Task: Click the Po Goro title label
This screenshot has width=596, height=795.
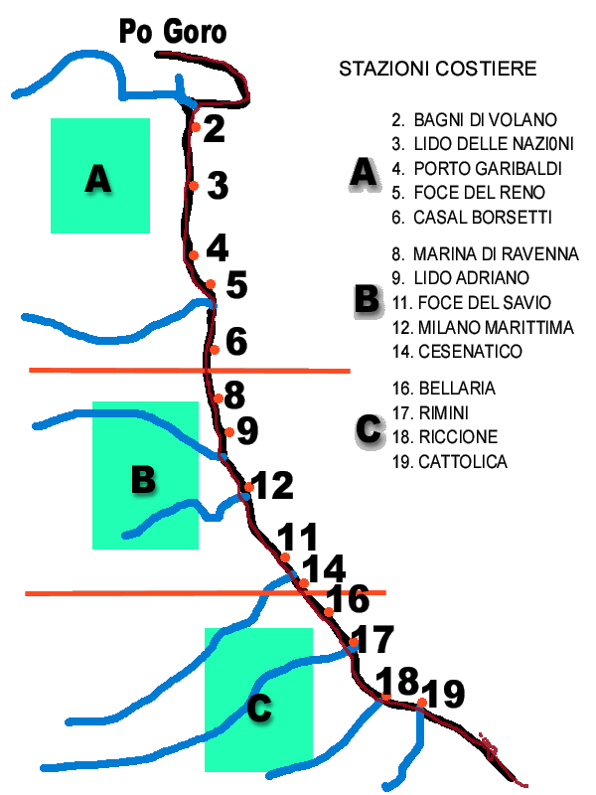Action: (x=172, y=32)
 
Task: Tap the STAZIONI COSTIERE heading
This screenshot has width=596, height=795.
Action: (x=438, y=69)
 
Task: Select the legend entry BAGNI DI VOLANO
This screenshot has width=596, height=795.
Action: (x=475, y=120)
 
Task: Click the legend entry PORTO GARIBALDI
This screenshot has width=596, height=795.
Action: (x=477, y=169)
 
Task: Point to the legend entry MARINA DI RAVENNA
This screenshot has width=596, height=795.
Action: (x=485, y=254)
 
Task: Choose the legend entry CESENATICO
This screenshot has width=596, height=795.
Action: (x=457, y=352)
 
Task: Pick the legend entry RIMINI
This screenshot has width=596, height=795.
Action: (x=430, y=413)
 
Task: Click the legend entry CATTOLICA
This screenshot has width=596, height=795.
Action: (x=450, y=462)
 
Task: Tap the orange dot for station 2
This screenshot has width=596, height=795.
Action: (x=196, y=127)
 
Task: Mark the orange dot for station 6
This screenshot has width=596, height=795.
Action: (x=215, y=350)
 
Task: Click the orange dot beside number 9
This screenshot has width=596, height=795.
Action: (x=229, y=432)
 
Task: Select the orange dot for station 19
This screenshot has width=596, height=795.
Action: (x=421, y=703)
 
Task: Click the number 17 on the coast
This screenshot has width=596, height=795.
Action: (x=372, y=639)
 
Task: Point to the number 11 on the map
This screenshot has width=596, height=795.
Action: (x=298, y=537)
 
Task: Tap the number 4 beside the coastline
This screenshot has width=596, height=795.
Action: (x=218, y=248)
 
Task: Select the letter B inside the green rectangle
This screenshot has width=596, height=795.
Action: (x=143, y=479)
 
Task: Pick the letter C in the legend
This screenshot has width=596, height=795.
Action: (x=369, y=430)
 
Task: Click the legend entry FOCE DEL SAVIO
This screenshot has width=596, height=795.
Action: (x=471, y=303)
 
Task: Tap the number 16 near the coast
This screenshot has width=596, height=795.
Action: (x=348, y=598)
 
